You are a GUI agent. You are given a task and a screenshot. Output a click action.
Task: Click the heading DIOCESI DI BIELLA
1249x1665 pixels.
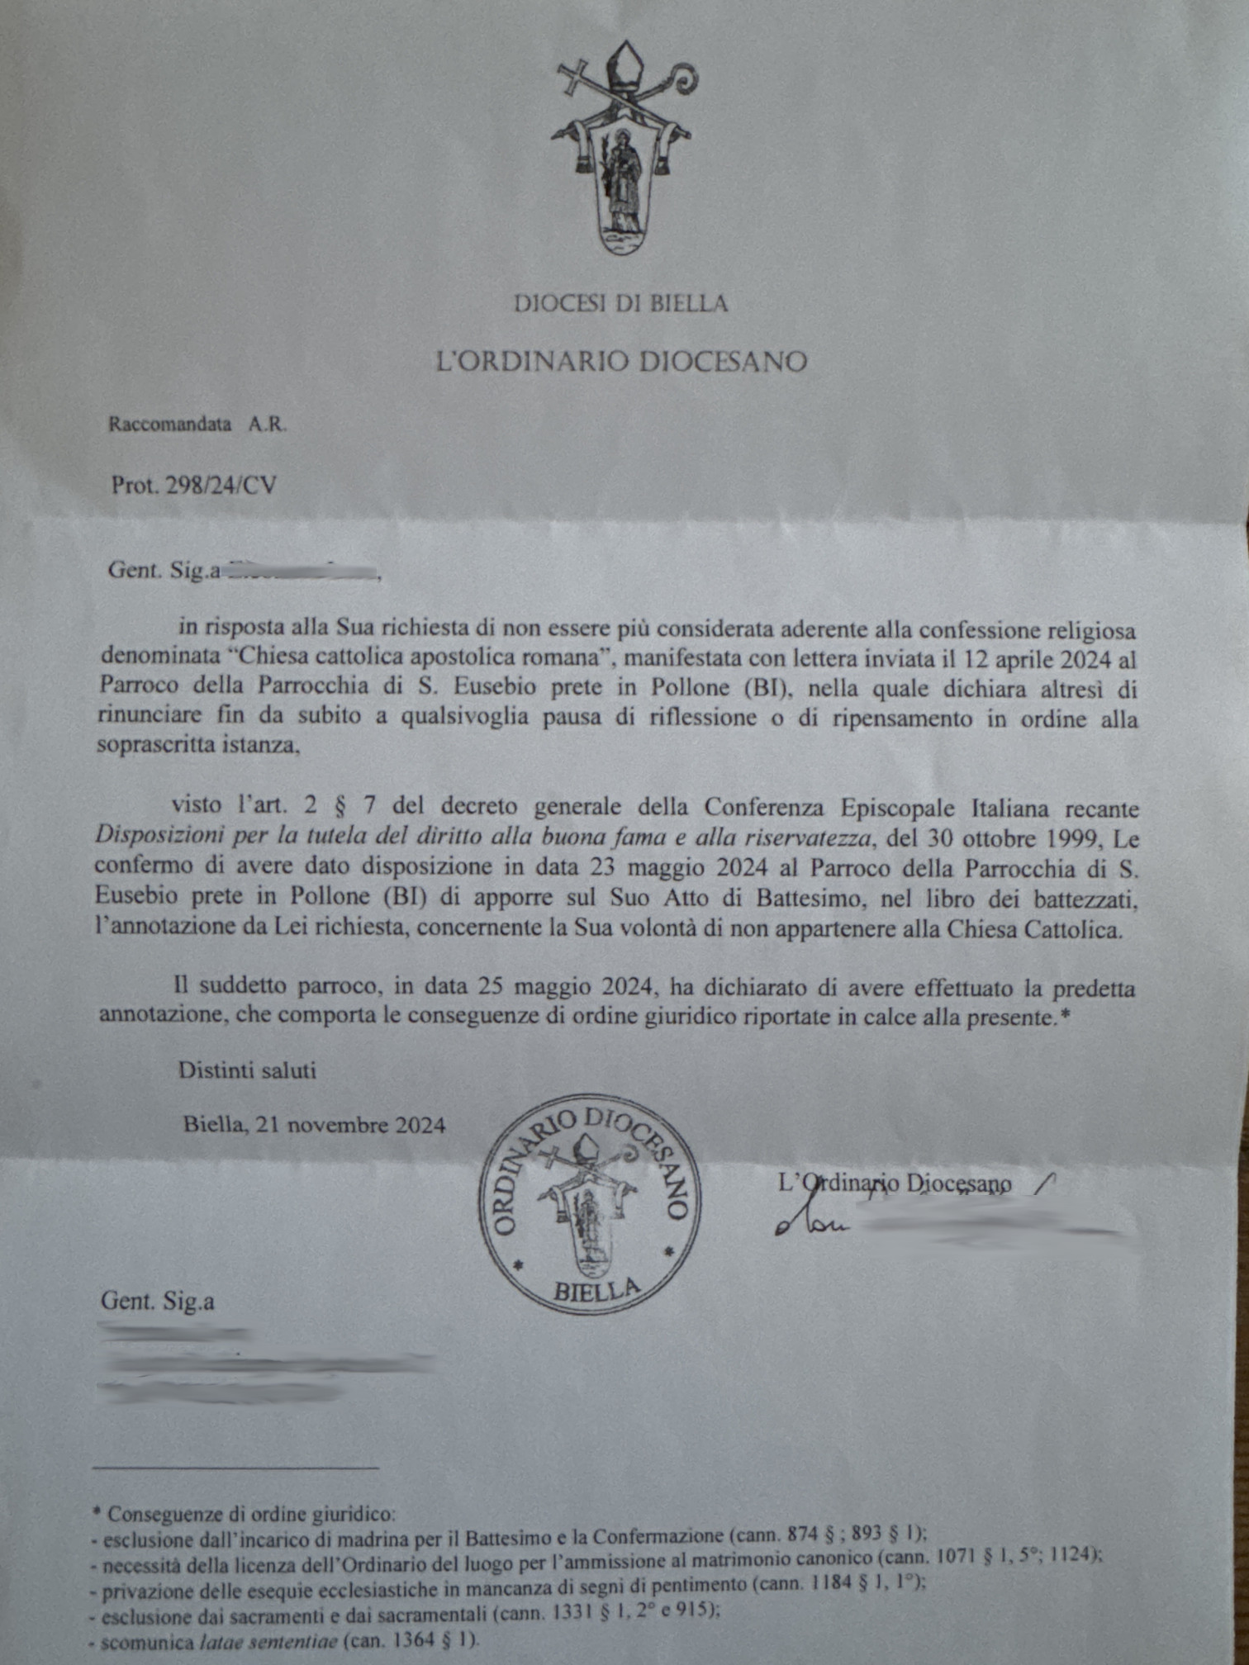click(620, 304)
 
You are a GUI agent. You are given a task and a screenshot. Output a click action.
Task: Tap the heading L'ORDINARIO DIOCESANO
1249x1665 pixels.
click(621, 361)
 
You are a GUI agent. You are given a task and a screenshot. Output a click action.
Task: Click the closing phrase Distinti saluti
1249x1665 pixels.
click(247, 1070)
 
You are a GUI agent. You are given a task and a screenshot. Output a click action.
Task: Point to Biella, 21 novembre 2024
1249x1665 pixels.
click(315, 1125)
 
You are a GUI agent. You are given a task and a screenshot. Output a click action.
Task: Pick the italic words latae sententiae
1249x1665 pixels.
click(268, 1642)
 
